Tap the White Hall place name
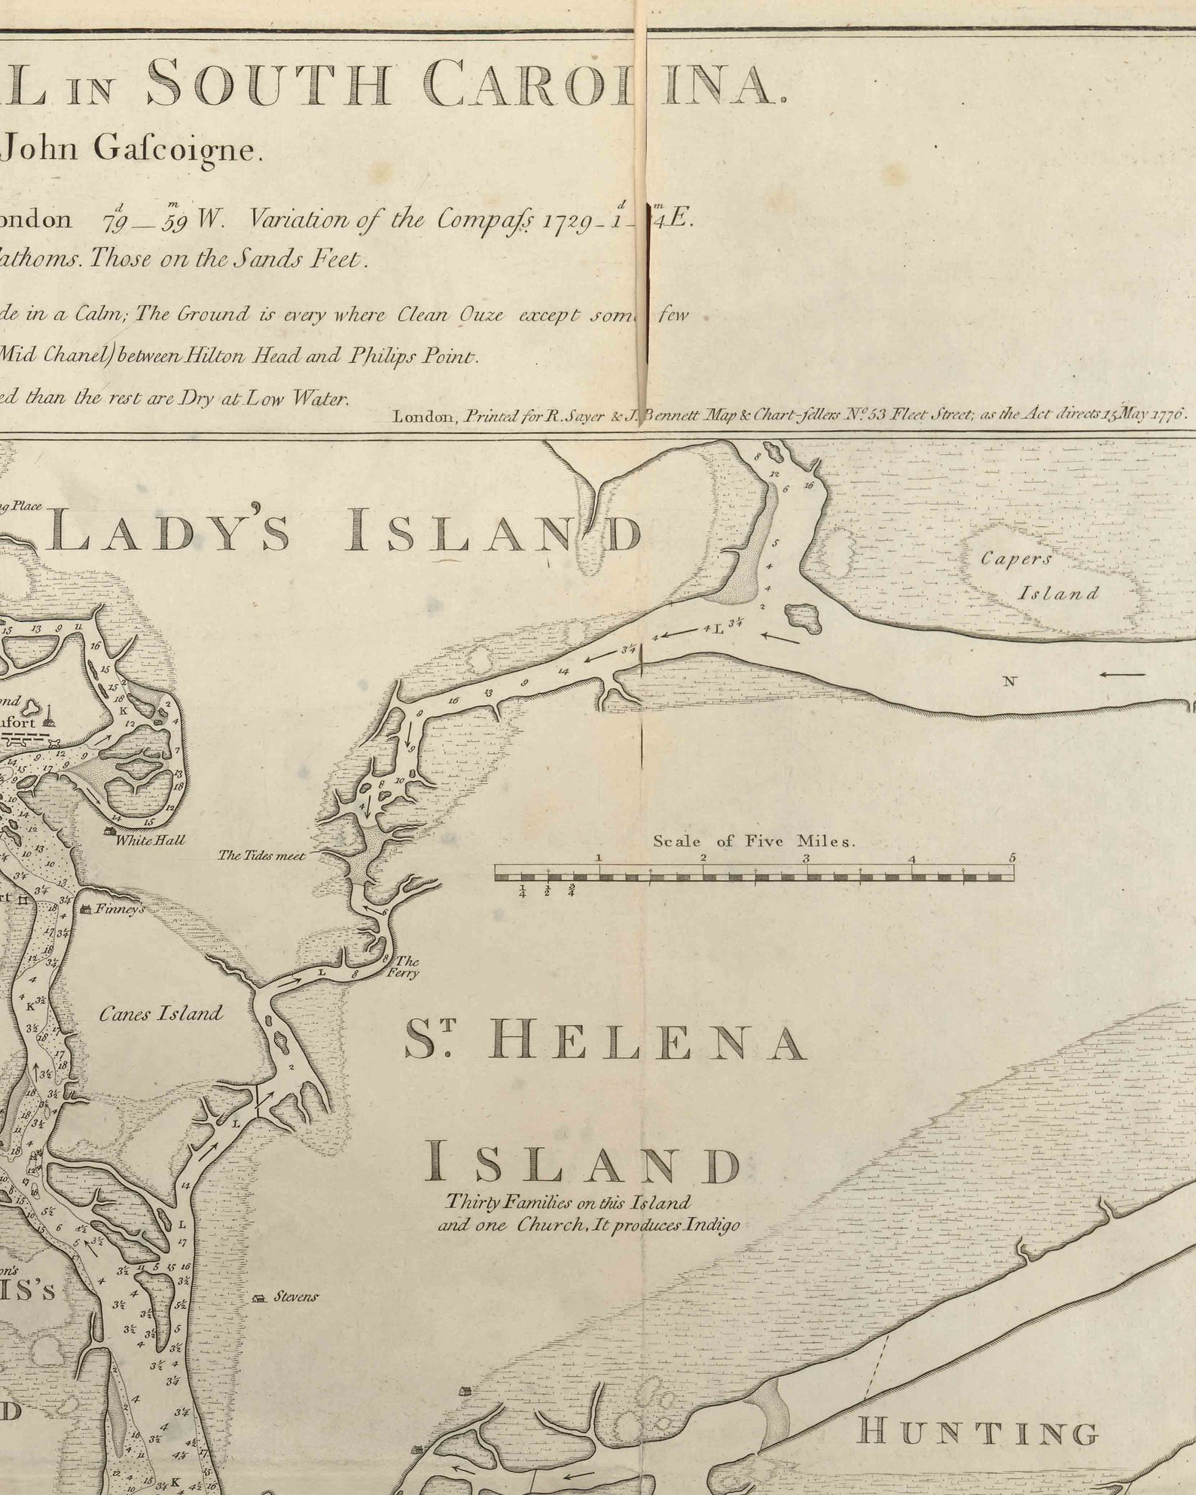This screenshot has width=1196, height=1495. tap(150, 840)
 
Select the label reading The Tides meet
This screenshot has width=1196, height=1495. tap(261, 856)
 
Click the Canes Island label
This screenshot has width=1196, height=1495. tap(161, 1014)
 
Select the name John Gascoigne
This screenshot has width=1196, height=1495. tap(132, 149)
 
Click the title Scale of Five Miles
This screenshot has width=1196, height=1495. tap(754, 841)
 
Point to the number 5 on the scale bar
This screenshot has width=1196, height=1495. tap(1012, 858)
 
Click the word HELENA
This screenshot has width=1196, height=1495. tap(648, 1042)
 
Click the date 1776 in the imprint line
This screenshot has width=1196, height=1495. tap(1170, 413)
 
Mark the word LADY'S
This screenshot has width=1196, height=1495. tap(170, 531)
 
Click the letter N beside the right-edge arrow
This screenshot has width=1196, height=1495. tap(1010, 682)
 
